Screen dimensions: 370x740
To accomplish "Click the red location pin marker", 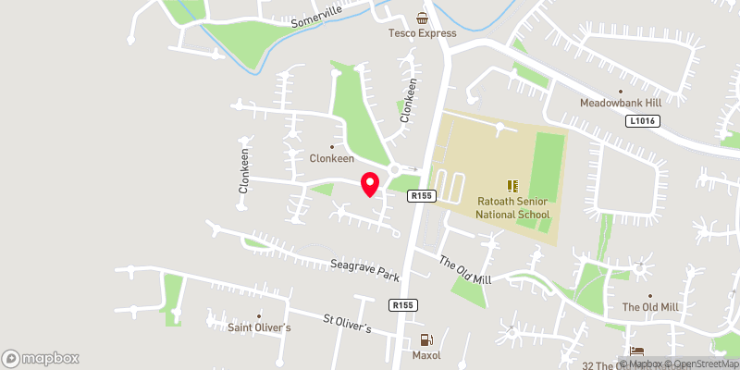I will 370,183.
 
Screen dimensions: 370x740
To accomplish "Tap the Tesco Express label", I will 423,33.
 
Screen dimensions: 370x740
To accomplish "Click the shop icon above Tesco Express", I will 423,18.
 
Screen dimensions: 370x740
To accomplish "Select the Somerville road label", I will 316,15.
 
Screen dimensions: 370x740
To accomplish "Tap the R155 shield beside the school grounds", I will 422,195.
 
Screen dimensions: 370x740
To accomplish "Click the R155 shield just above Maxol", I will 401,305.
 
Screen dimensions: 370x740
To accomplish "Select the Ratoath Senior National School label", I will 512,208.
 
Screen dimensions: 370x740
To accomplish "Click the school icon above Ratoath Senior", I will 512,186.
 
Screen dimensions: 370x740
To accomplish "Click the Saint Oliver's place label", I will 260,327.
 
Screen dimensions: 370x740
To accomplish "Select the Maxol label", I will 425,355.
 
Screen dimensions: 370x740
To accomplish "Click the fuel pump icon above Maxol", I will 425,339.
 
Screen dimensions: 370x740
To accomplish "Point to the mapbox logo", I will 41,358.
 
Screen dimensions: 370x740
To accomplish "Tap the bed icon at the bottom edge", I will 635,351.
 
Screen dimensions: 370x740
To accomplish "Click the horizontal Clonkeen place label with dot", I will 332,158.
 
